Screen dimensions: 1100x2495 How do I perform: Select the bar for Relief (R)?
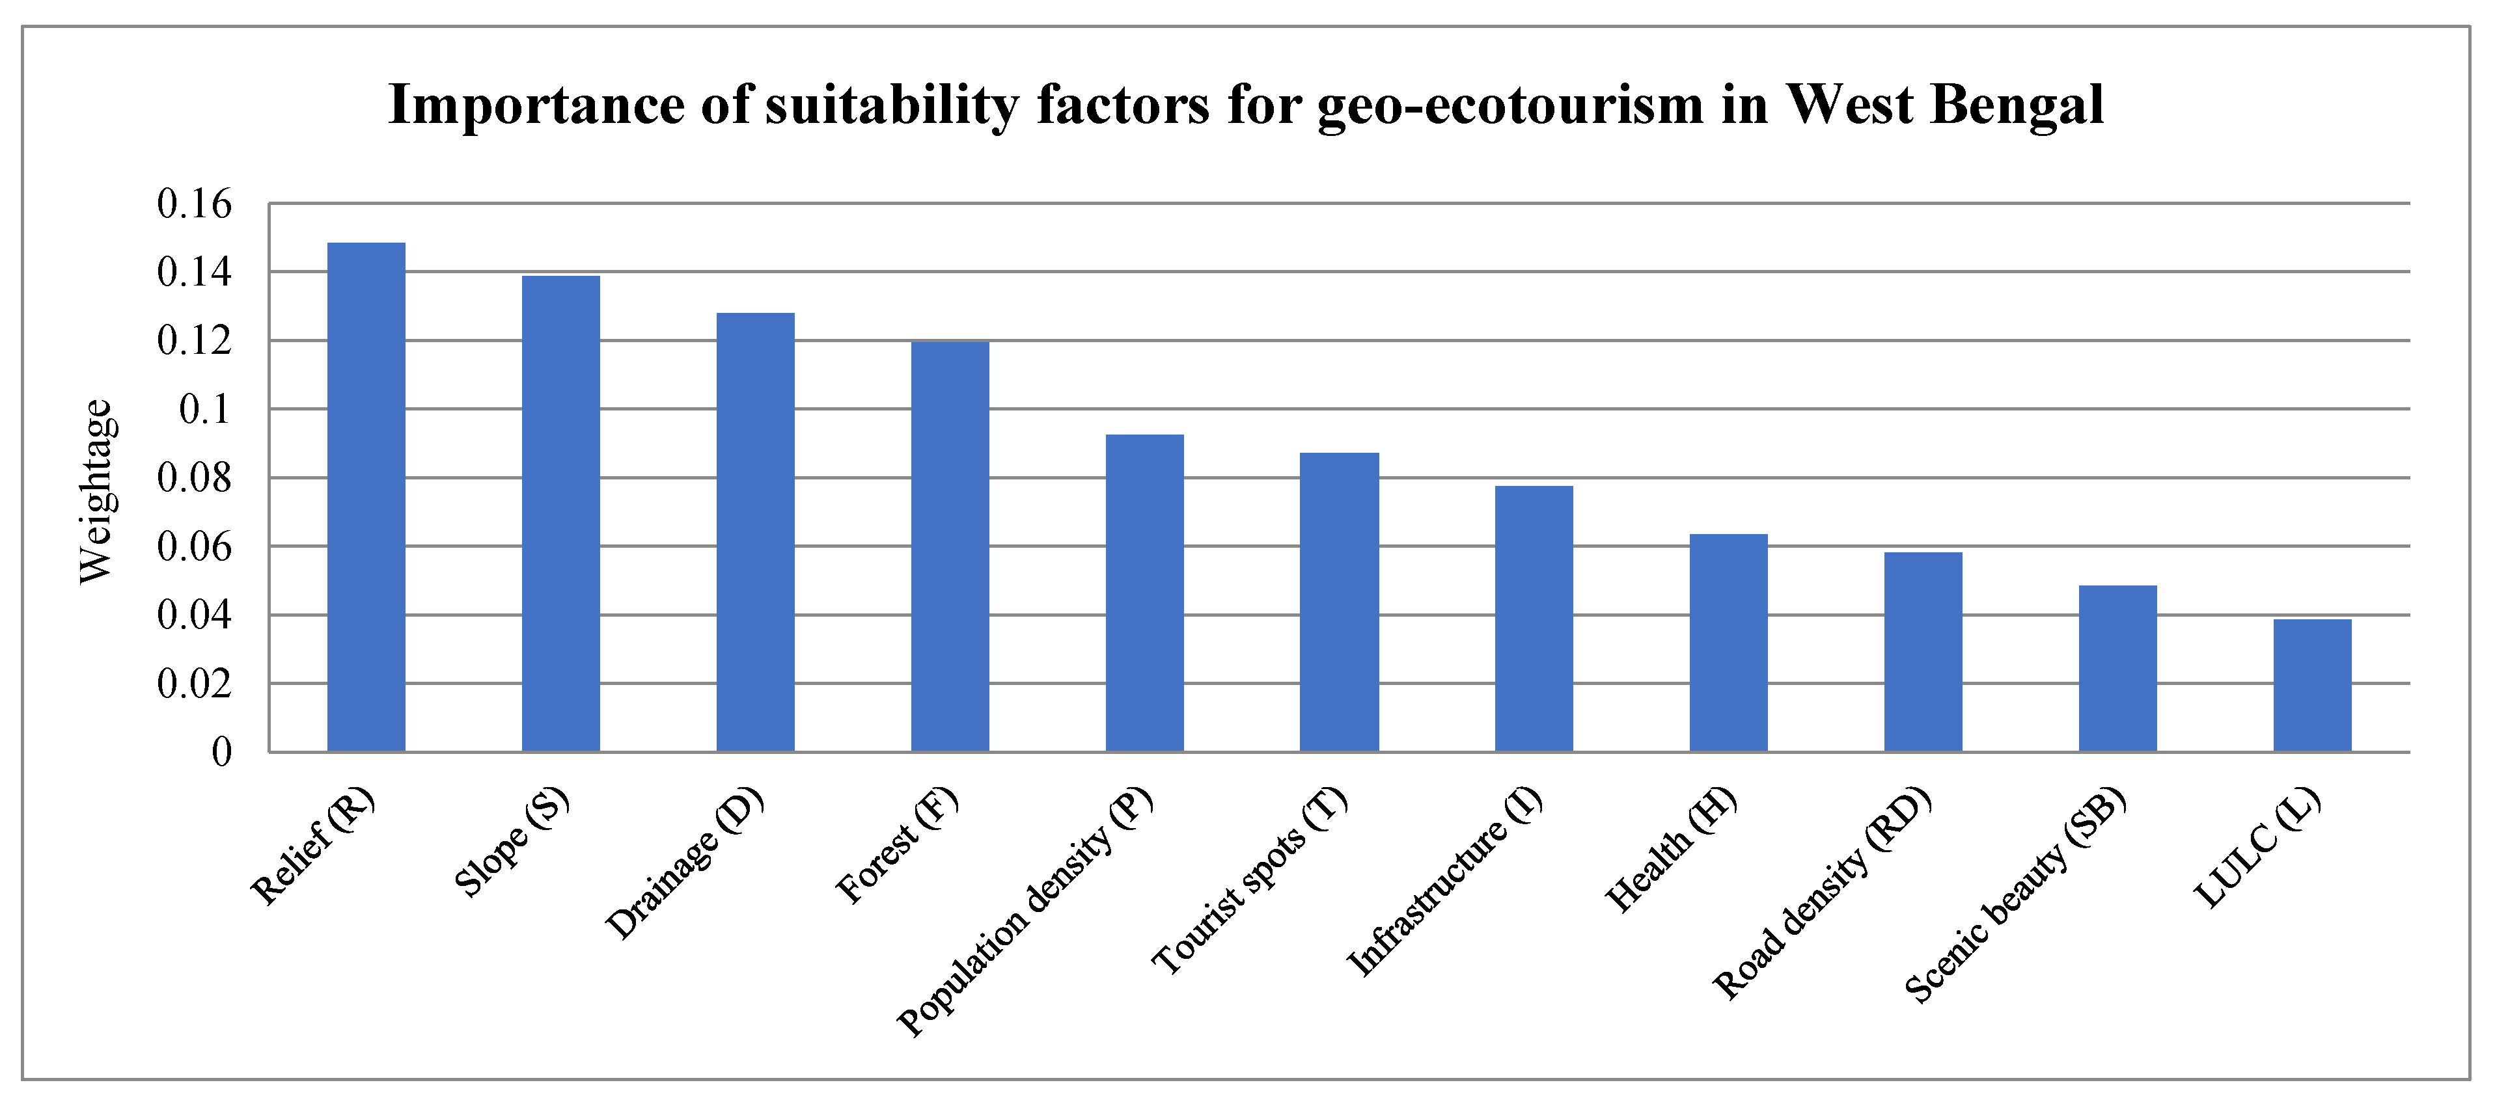point(366,497)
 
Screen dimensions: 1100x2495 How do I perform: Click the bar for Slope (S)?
point(561,513)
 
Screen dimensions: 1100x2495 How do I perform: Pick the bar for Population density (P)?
point(1145,593)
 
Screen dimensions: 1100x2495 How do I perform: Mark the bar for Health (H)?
point(1729,642)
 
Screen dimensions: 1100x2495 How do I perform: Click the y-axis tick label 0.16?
point(195,204)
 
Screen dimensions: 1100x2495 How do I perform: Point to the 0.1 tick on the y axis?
point(205,410)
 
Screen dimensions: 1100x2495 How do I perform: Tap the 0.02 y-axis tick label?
point(195,684)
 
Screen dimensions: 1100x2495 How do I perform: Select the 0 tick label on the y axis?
point(222,753)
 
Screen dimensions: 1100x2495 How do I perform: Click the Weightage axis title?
point(96,491)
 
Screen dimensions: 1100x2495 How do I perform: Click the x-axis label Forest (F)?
point(896,846)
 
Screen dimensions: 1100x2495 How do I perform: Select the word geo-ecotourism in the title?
point(1510,105)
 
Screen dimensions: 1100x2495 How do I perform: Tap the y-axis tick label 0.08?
point(195,478)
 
